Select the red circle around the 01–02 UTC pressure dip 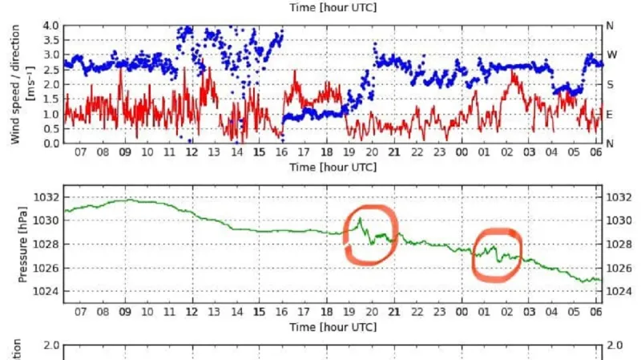click(475, 255)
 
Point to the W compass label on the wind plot click(610, 55)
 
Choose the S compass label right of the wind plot click(610, 84)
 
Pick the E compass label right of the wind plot click(610, 114)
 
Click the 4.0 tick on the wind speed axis click(50, 26)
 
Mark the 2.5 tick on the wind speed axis click(50, 70)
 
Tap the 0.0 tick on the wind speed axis click(50, 143)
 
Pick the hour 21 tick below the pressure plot click(393, 311)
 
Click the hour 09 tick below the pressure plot click(125, 311)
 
